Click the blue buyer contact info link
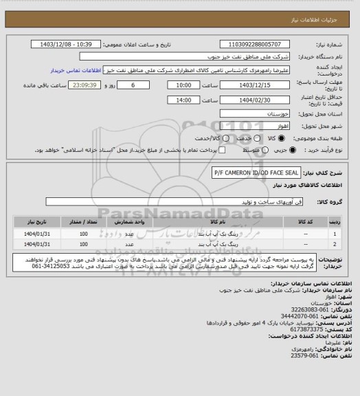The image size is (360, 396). (x=76, y=70)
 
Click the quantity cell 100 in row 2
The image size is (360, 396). (x=84, y=244)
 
